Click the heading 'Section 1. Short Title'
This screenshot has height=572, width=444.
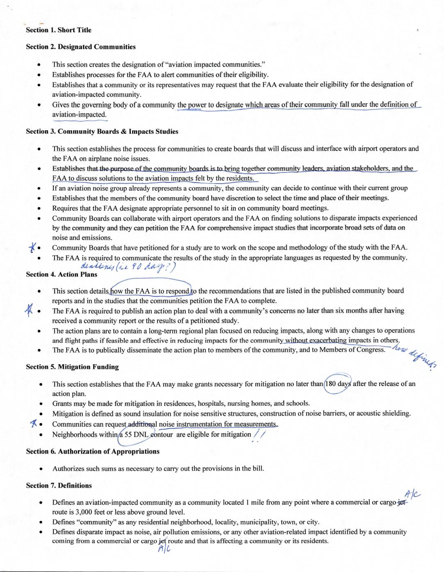58,30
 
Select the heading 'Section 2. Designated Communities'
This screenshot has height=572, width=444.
80,47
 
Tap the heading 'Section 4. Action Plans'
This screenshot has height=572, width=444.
61,274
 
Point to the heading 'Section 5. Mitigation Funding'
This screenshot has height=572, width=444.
72,367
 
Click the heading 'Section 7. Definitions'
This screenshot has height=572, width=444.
59,486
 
